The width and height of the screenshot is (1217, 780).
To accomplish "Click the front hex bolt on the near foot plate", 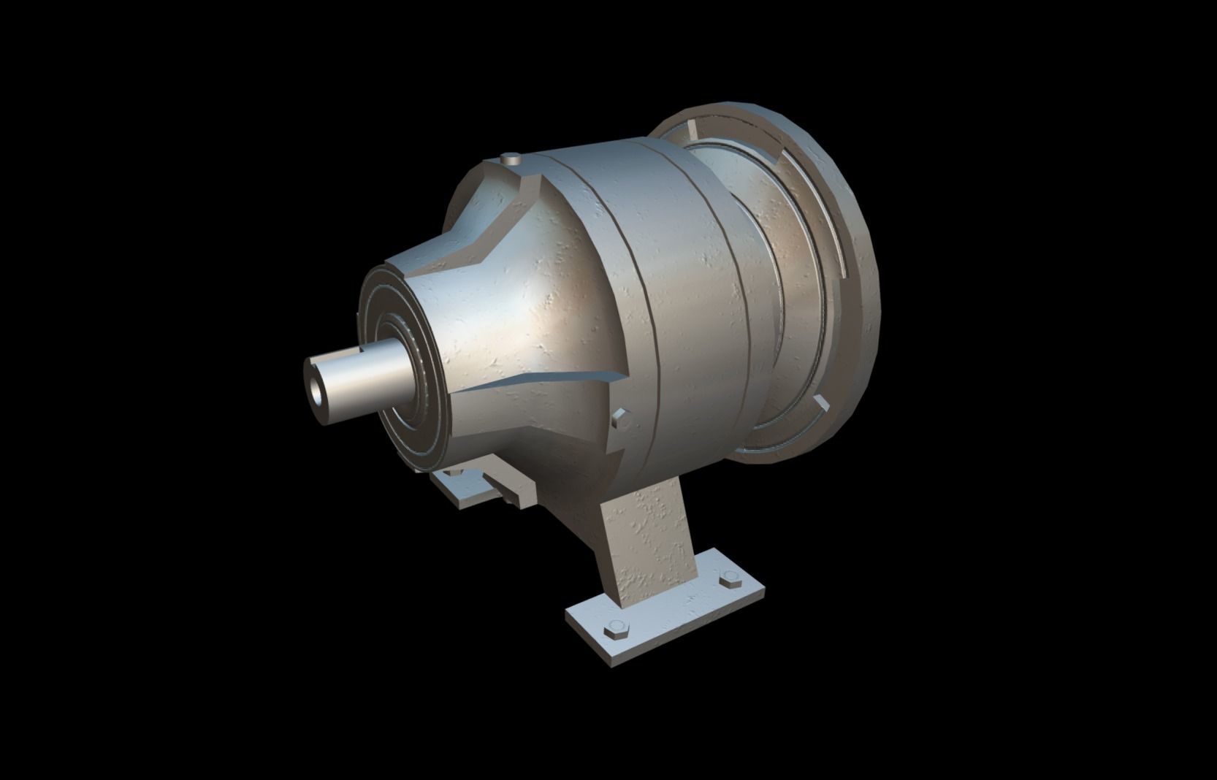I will [x=615, y=630].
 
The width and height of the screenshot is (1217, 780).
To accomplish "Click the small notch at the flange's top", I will [x=690, y=131].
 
